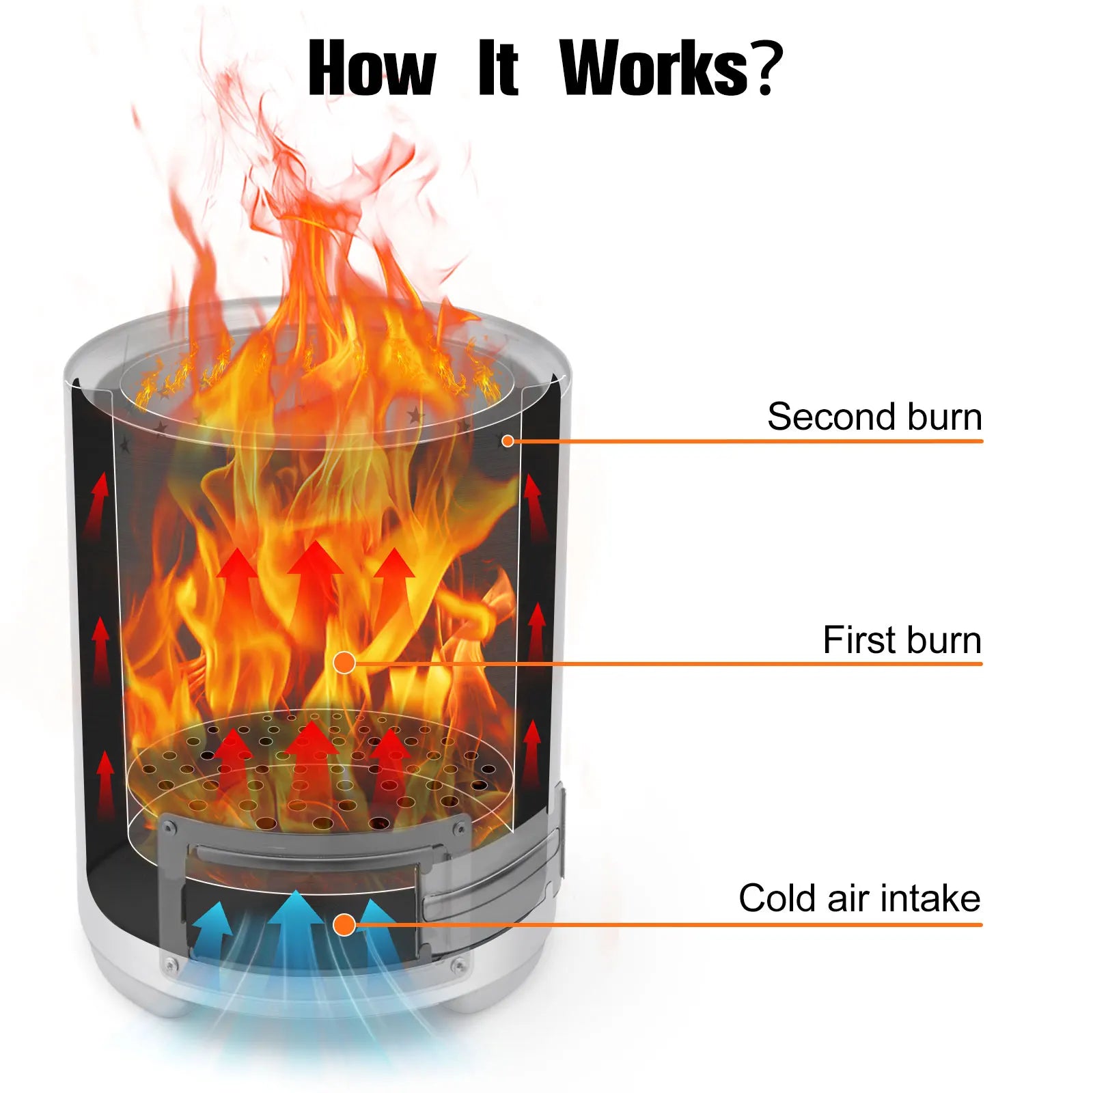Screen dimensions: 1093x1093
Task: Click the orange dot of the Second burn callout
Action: [x=508, y=441]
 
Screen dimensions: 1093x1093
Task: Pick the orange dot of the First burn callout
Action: [x=344, y=662]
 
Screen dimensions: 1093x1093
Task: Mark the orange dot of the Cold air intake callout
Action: [x=344, y=924]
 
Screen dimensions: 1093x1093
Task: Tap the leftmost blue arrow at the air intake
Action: [x=213, y=929]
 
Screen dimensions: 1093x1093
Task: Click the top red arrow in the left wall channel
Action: [x=98, y=506]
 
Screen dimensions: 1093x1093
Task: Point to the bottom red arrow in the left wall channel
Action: [x=105, y=784]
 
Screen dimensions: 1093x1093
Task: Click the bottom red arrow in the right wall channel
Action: [x=531, y=756]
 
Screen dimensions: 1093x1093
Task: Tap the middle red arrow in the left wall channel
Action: [x=101, y=650]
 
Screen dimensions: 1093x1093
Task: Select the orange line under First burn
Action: [x=663, y=663]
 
